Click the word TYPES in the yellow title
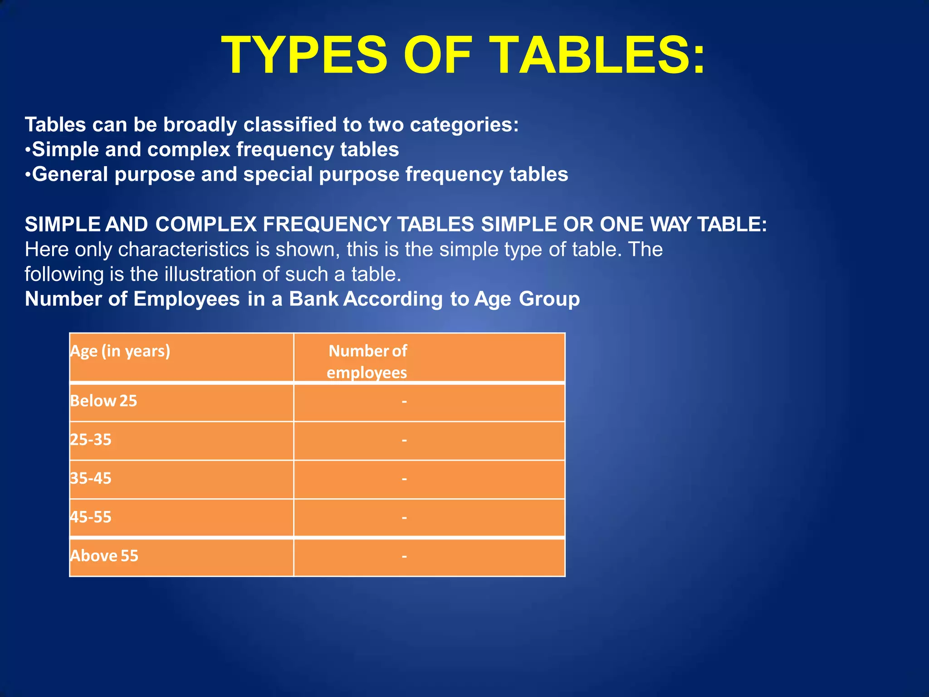(304, 55)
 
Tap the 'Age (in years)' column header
(120, 351)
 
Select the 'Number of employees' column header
(367, 362)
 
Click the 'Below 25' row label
(103, 401)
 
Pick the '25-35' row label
(91, 440)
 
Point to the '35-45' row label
(91, 478)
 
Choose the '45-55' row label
(91, 517)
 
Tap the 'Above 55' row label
(104, 556)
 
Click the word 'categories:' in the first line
(464, 125)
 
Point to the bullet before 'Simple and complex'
(28, 150)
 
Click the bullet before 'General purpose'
(28, 175)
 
